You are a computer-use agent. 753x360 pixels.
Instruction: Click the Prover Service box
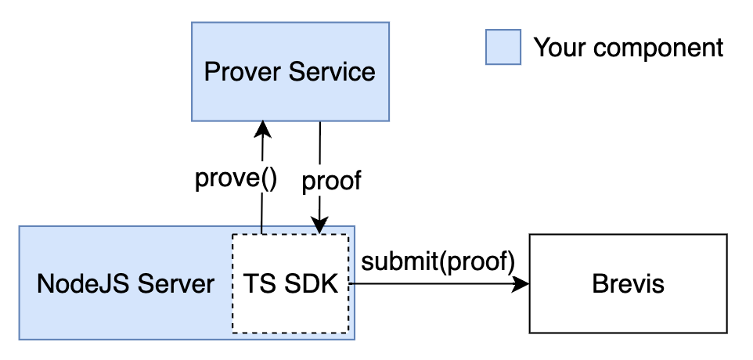[x=290, y=72]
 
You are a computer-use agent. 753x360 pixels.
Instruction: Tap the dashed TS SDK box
[x=290, y=283]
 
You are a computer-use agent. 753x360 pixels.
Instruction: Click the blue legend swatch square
[x=503, y=47]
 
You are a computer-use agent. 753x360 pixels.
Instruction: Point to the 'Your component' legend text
[x=628, y=47]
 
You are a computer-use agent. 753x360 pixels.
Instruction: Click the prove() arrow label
[x=236, y=179]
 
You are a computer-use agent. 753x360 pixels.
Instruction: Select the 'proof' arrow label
[x=331, y=181]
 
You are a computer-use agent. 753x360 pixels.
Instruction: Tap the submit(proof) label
[x=438, y=261]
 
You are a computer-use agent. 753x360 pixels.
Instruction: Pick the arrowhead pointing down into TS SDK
[x=320, y=225]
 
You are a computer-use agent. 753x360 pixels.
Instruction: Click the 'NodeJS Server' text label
[x=125, y=283]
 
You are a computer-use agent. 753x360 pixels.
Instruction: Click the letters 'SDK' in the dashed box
[x=311, y=283]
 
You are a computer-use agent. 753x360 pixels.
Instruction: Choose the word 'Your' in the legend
[x=559, y=47]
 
